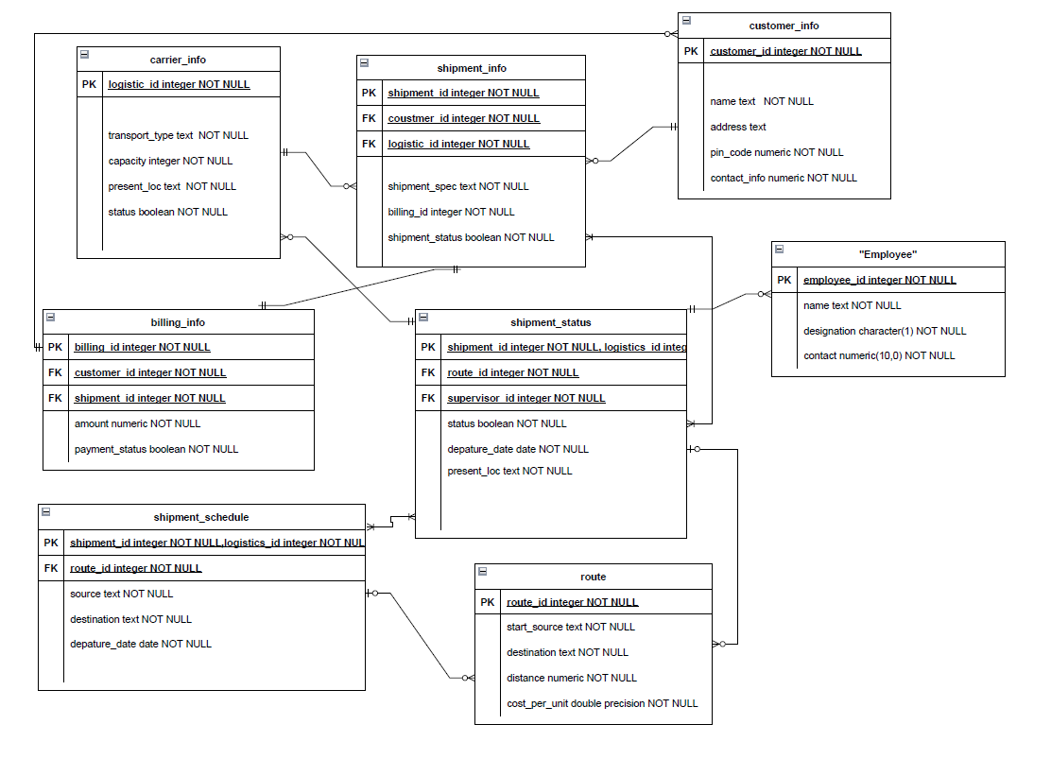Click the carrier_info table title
click(x=178, y=60)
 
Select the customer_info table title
click(x=784, y=26)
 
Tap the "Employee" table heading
click(x=887, y=254)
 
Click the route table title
click(x=593, y=577)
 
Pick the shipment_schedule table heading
click(x=201, y=517)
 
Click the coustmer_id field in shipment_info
click(x=463, y=118)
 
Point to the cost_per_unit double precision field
click(x=601, y=703)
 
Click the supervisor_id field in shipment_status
click(x=525, y=398)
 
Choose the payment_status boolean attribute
click(x=156, y=449)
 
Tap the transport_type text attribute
click(x=178, y=135)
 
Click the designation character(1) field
click(x=885, y=331)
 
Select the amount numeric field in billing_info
click(x=137, y=423)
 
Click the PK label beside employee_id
click(x=784, y=280)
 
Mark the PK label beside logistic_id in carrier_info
click(x=89, y=84)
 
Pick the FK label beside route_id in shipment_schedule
click(x=51, y=568)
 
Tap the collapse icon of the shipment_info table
click(x=364, y=63)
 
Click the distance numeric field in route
click(x=571, y=678)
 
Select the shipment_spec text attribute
click(x=457, y=186)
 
